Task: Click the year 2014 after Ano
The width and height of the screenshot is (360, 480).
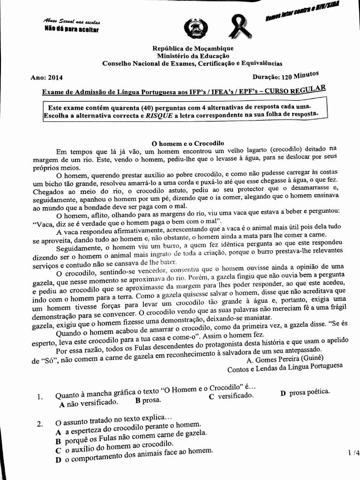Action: (54, 78)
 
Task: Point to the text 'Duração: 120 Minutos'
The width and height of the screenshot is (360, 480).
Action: (285, 76)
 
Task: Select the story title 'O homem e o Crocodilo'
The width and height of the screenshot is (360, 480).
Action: (189, 143)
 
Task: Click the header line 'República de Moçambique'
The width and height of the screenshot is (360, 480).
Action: (193, 48)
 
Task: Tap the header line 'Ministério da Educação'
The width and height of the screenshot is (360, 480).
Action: (193, 56)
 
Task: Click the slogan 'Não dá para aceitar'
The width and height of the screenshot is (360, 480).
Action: (71, 30)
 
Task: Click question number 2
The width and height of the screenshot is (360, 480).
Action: (40, 424)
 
